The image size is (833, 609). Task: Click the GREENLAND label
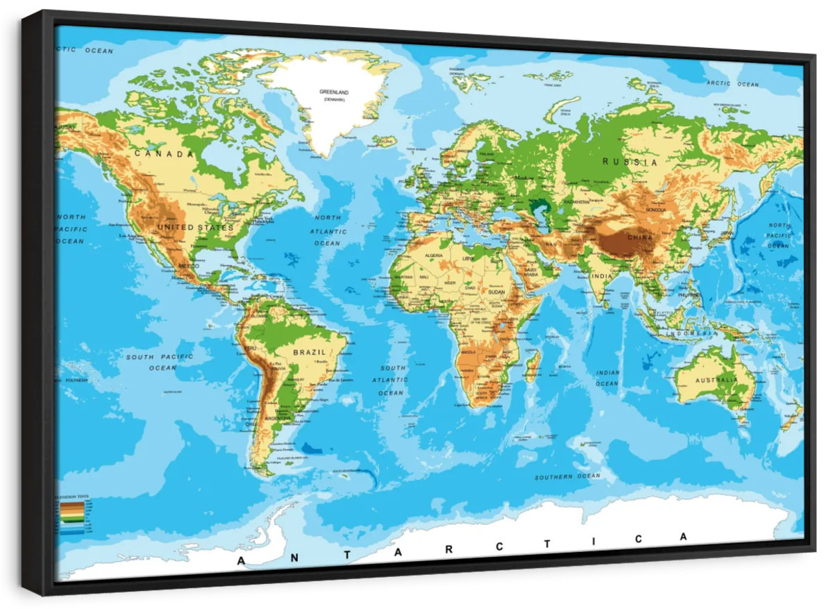pos(334,92)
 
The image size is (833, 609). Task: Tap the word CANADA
pos(164,153)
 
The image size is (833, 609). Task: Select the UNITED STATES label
pos(195,227)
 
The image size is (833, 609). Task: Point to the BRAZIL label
pos(309,352)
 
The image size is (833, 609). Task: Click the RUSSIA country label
pos(630,162)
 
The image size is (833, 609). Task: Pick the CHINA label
pos(640,237)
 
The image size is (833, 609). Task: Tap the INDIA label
pos(601,277)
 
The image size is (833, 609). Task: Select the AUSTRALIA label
pos(718,380)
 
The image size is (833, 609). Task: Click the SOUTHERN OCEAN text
pos(567,476)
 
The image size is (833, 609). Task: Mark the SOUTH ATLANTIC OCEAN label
pos(391,380)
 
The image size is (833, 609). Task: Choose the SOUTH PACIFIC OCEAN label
pos(160,362)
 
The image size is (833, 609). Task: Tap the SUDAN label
pos(496,292)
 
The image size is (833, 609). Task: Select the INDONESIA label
pos(691,333)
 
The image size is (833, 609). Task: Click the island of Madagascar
pos(533,366)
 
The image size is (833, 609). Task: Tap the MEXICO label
pos(188,266)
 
